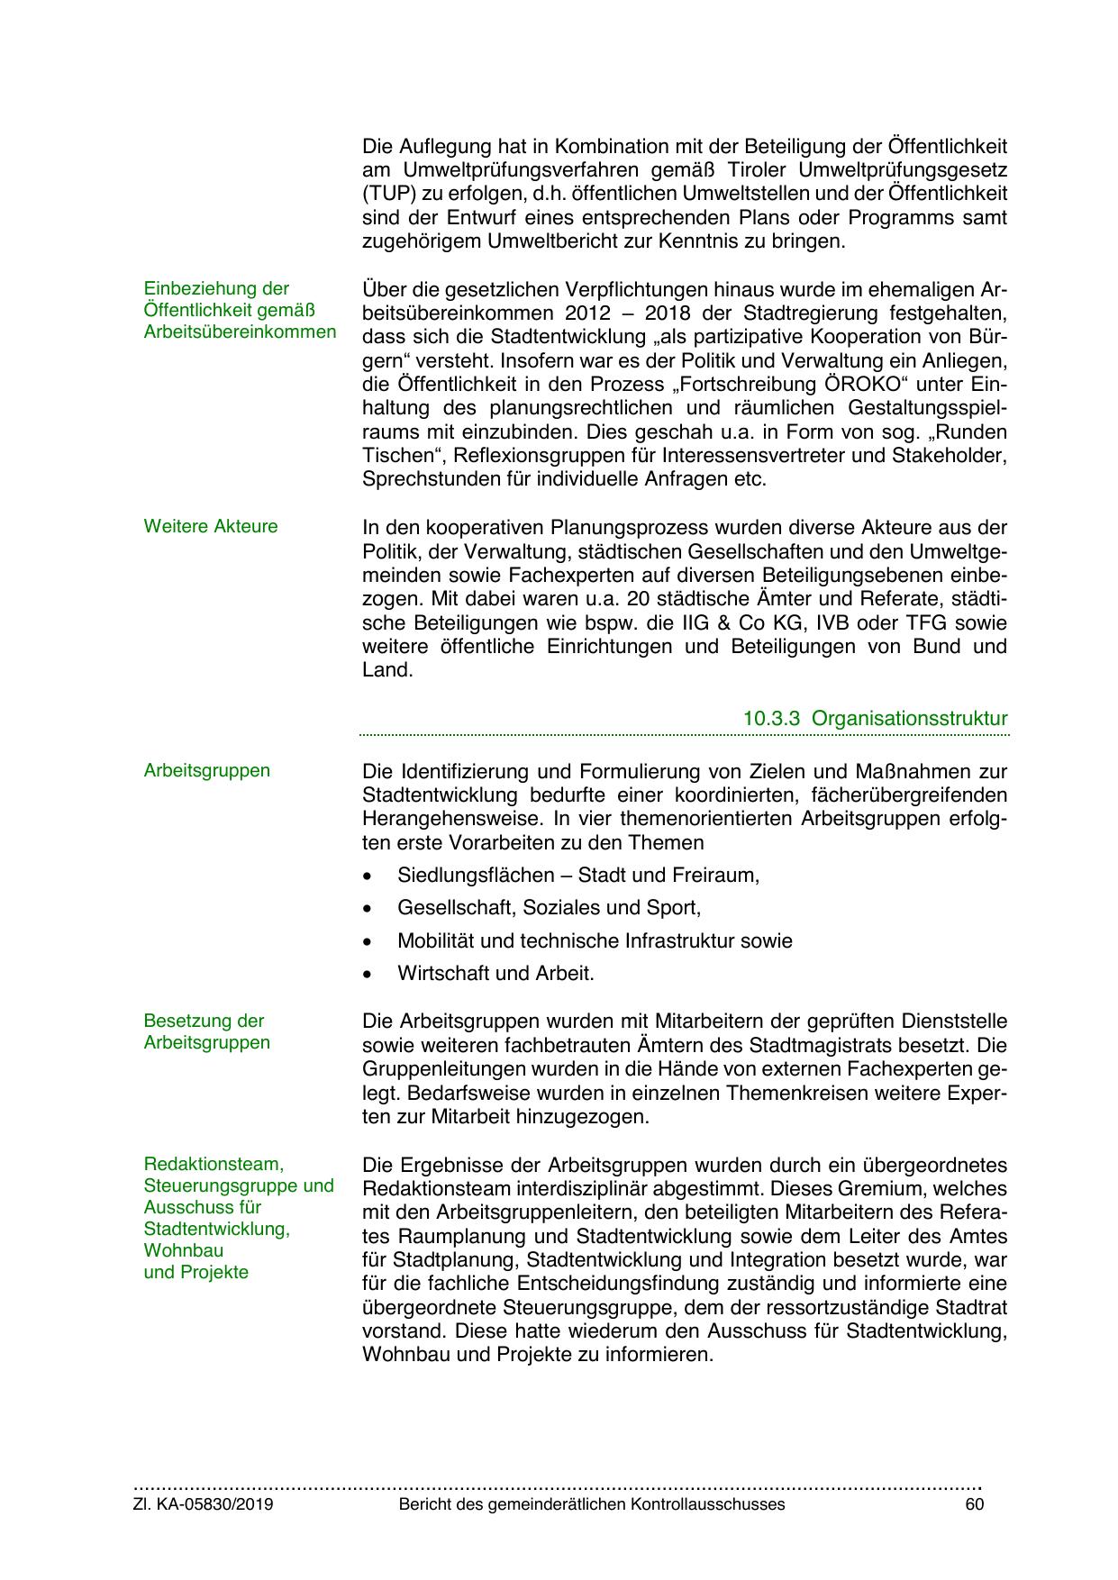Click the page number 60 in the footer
975,1504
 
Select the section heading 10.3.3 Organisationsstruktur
875,719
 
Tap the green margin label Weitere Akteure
211,526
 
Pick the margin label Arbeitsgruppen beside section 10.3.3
206,770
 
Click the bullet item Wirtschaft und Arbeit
495,973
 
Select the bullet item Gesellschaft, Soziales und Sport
549,907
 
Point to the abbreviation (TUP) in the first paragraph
385,194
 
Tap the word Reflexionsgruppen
518,456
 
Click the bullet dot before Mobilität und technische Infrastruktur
366,941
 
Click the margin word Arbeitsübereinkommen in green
240,331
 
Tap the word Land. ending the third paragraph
386,670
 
